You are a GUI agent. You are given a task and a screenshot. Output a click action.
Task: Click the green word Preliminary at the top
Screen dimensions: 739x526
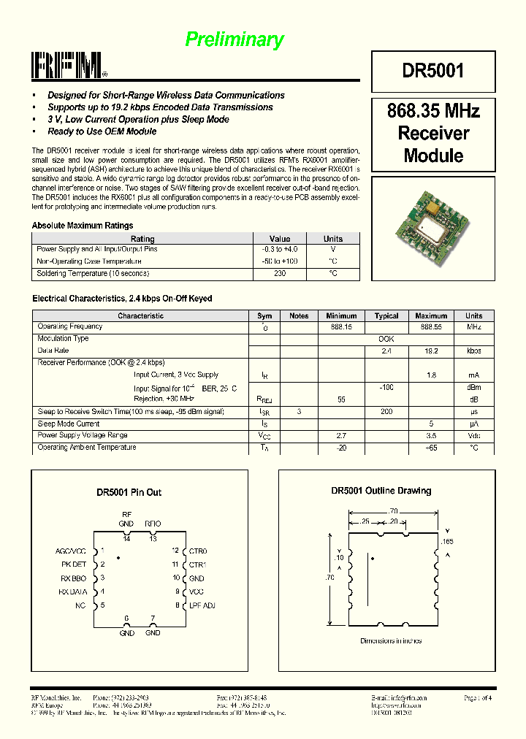coord(234,39)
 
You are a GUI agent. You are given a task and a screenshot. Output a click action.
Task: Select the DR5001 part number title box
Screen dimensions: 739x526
coord(432,71)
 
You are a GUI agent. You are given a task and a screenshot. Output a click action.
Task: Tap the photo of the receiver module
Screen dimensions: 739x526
coord(433,222)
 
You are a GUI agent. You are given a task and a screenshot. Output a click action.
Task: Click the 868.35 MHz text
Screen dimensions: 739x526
coord(433,112)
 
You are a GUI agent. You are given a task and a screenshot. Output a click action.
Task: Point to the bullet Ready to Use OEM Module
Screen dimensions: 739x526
coord(102,131)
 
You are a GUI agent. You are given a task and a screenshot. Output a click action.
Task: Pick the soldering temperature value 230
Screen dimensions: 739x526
coord(280,273)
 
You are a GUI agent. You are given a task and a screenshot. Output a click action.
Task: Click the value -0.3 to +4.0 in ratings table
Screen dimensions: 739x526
coord(280,249)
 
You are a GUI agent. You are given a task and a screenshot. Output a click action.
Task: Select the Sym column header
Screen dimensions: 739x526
coord(264,316)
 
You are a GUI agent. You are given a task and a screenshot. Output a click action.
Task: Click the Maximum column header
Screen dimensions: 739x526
coord(431,316)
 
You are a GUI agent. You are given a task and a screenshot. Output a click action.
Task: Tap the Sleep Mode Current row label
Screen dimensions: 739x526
coord(69,424)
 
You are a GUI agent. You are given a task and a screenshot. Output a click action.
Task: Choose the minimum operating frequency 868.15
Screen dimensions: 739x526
coord(340,327)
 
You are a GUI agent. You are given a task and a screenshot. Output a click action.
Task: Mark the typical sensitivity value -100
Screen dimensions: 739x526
coord(386,388)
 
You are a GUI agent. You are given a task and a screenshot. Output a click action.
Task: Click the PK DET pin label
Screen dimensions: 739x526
coord(73,564)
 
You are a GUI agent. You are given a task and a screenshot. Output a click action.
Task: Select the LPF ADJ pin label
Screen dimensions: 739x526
coord(202,605)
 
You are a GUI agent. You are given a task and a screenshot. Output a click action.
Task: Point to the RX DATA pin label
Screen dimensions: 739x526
coord(72,591)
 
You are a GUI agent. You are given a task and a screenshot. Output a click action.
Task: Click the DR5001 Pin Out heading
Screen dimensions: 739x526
coord(129,493)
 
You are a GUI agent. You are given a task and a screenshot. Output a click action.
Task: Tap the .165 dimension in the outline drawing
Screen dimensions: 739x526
coord(447,542)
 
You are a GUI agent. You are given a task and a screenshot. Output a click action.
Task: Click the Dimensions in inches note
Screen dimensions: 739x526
coord(391,641)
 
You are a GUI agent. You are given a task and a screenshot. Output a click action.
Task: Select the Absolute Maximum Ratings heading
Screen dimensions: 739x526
coord(83,226)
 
